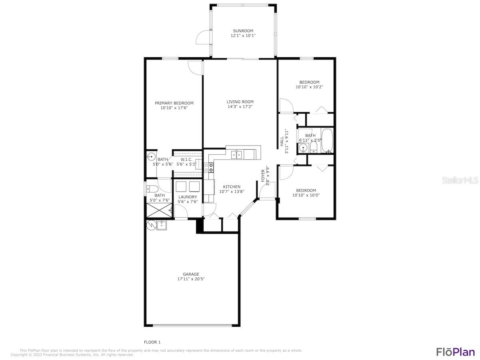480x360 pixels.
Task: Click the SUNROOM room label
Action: click(x=243, y=31)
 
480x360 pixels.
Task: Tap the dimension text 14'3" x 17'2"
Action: click(x=240, y=106)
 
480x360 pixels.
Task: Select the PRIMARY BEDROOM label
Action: click(x=174, y=103)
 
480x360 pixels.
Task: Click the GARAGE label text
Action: click(x=191, y=274)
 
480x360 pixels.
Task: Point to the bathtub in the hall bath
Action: click(x=327, y=141)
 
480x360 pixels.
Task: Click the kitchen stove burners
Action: click(x=209, y=167)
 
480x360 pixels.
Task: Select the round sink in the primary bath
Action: click(x=151, y=157)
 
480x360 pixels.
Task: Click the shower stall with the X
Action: click(x=159, y=210)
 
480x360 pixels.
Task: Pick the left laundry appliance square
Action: click(x=180, y=186)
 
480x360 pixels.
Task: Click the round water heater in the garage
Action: click(x=151, y=225)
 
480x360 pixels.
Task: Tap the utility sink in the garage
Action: click(x=162, y=226)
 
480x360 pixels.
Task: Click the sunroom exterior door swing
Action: click(x=202, y=38)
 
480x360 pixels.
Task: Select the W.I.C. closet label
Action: click(x=186, y=159)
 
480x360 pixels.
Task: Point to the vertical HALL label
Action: click(x=282, y=141)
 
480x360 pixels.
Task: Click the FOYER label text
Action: click(x=263, y=176)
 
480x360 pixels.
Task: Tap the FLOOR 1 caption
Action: click(x=152, y=342)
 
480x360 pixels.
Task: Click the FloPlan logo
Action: click(x=455, y=352)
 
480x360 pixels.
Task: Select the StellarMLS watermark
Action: click(x=460, y=180)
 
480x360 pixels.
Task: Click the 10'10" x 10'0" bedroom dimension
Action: click(x=306, y=195)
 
